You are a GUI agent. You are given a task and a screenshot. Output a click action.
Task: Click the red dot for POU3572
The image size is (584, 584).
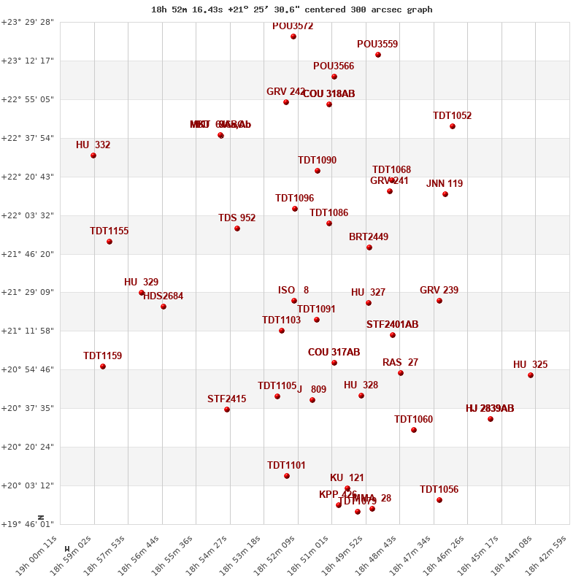293,36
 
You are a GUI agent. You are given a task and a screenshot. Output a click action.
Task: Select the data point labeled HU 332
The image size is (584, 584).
93,155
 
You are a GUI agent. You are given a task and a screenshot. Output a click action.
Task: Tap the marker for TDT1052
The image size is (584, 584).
453,126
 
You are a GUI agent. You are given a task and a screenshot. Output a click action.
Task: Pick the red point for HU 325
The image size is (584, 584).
531,375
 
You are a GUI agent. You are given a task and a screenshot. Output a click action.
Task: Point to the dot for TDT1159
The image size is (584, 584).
103,366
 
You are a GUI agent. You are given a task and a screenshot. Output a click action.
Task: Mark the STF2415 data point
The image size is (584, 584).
227,410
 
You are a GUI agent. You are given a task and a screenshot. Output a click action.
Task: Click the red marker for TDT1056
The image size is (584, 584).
439,500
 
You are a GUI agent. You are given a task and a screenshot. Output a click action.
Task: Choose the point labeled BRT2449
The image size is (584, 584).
369,247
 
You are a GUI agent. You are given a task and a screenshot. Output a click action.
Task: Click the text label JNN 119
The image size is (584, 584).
445,184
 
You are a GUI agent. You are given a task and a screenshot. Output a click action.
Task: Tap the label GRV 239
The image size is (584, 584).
439,291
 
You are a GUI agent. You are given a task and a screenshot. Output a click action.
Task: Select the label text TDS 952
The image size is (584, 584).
237,218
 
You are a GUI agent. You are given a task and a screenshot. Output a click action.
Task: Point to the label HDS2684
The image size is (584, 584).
164,296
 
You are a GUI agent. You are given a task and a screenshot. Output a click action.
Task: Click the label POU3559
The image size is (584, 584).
377,45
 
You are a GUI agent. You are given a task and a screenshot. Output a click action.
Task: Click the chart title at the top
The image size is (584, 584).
292,9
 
